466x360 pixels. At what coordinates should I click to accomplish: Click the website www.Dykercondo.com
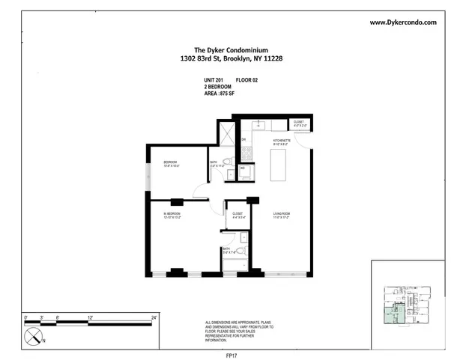[x=414, y=22]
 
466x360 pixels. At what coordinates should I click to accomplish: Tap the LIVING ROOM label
[x=282, y=215]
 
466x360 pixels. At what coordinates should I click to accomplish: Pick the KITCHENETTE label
[x=282, y=140]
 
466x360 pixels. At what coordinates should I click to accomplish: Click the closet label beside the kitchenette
[x=298, y=122]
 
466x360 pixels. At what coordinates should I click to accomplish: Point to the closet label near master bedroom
[x=237, y=215]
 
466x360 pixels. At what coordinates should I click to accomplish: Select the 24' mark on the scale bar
[x=154, y=318]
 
